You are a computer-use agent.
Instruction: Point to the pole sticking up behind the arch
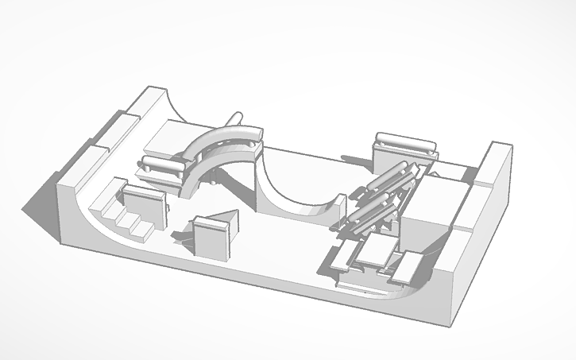[236, 118]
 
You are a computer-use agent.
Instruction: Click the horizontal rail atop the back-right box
[405, 144]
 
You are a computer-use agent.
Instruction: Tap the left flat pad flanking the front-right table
[344, 255]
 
